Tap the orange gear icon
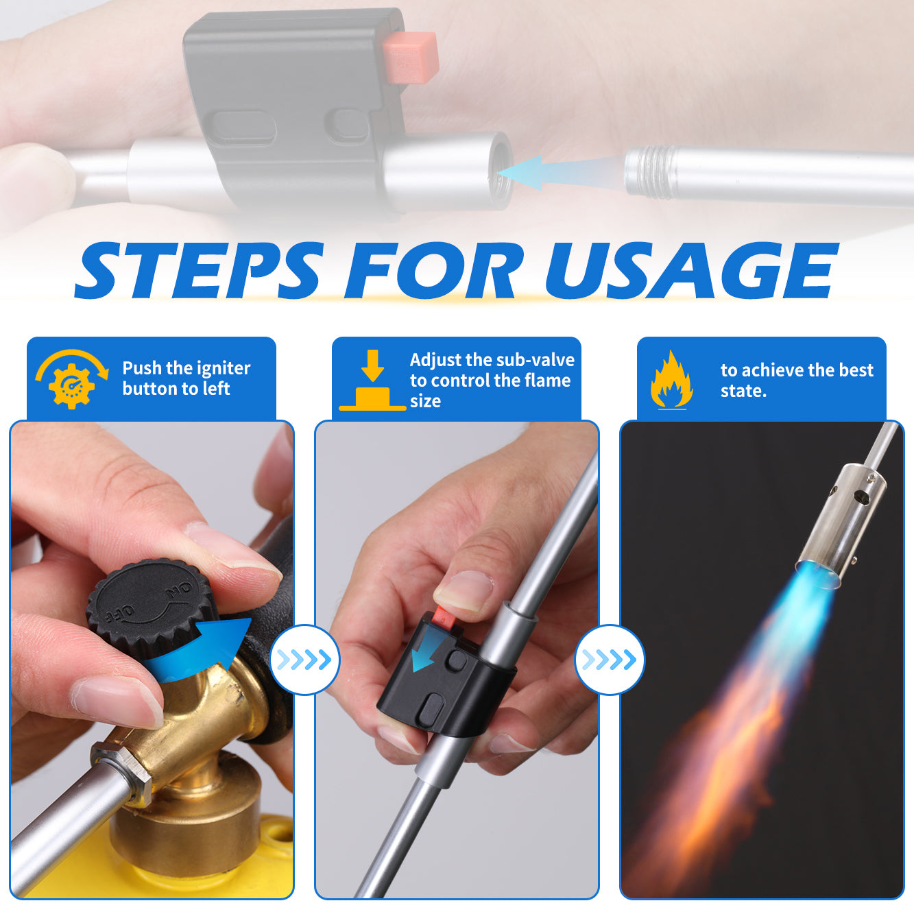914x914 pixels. point(71,383)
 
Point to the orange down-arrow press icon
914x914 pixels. point(373,380)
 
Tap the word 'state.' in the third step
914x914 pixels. point(743,391)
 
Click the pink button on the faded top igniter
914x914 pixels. point(411,56)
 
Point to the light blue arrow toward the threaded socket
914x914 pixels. point(560,173)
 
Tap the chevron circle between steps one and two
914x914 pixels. point(304,660)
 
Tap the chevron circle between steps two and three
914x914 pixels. point(610,660)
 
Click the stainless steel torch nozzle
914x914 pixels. point(839,527)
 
